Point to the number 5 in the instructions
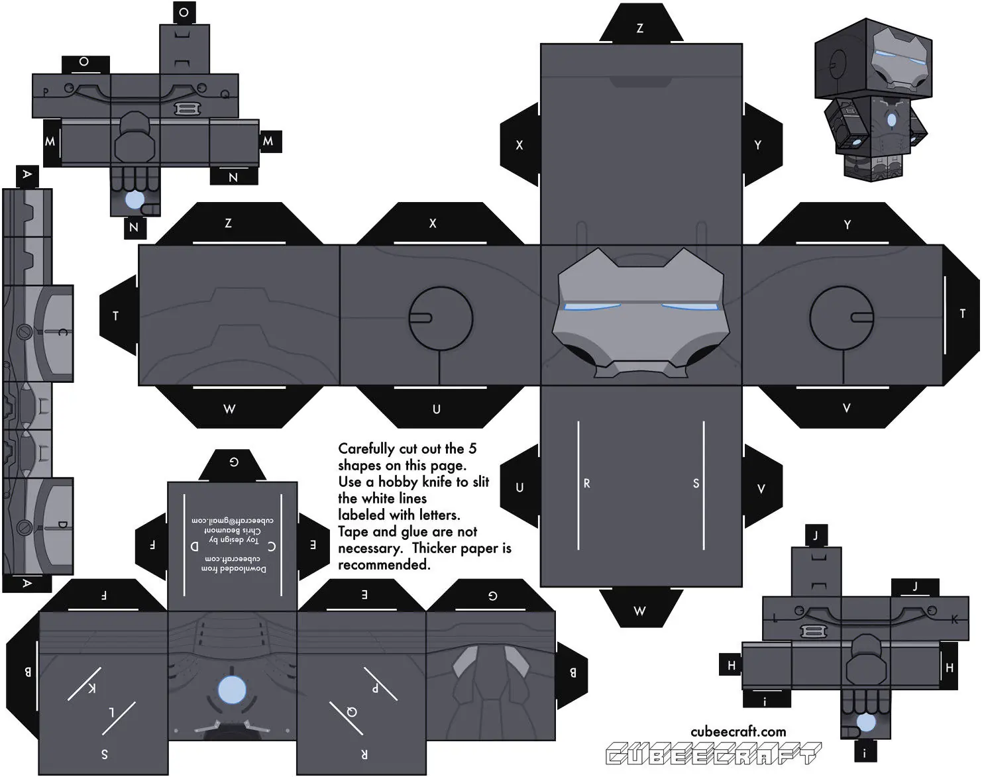(x=472, y=448)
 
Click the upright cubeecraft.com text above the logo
(x=738, y=732)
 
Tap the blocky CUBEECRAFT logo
(x=713, y=754)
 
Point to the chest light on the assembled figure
(x=891, y=120)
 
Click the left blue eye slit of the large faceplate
(x=592, y=306)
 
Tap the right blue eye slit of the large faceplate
(x=689, y=307)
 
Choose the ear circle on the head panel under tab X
(x=441, y=318)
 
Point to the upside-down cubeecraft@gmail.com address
(x=233, y=521)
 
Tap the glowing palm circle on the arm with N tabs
(x=135, y=200)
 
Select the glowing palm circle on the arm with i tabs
(x=865, y=721)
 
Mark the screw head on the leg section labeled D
(x=25, y=527)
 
